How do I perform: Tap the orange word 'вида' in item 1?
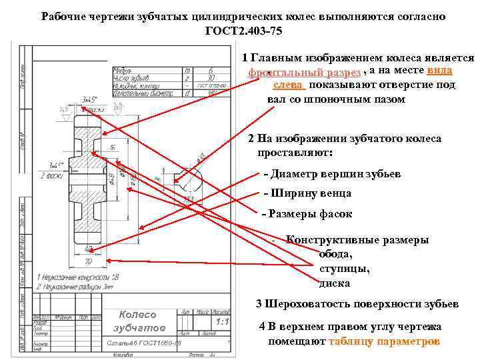[x=439, y=71]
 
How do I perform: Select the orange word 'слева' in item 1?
[x=288, y=85]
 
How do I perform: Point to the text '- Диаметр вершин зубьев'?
[x=332, y=174]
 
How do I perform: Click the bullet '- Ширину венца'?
[x=307, y=193]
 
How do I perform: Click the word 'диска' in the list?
[x=335, y=283]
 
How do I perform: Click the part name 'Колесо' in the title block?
[x=137, y=315]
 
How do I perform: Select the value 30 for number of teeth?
[x=211, y=77]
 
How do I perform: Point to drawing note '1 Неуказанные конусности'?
[x=78, y=276]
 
